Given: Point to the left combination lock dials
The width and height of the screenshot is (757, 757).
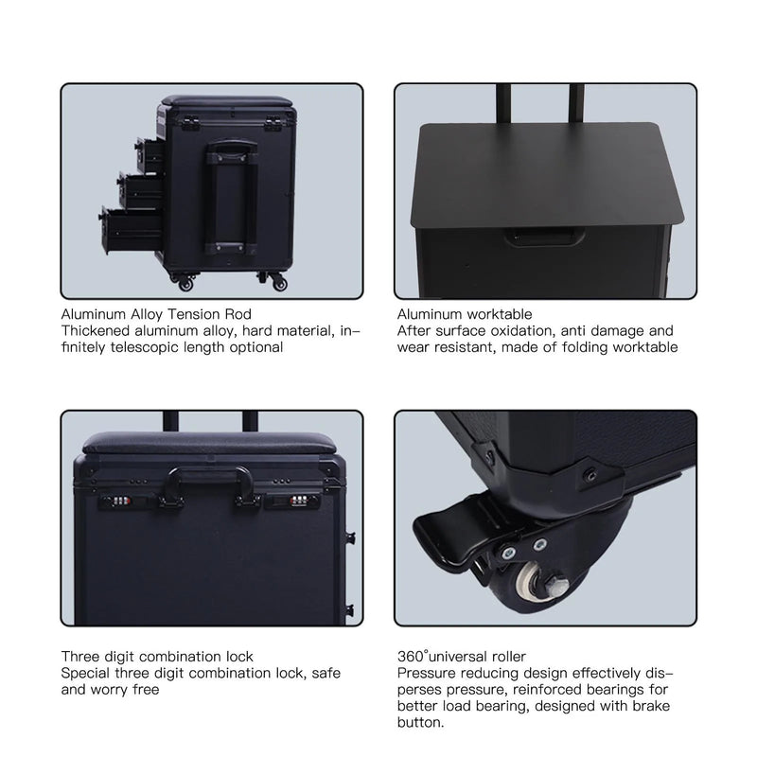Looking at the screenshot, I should pyautogui.click(x=126, y=500).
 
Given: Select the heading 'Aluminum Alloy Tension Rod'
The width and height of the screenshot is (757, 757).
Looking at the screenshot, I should pyautogui.click(x=156, y=314).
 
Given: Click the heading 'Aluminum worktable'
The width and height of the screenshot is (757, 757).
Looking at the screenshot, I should pyautogui.click(x=465, y=314).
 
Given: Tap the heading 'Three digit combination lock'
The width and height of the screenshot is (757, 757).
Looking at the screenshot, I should pyautogui.click(x=157, y=657).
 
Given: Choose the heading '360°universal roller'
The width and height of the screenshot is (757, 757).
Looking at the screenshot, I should pyautogui.click(x=461, y=657).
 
